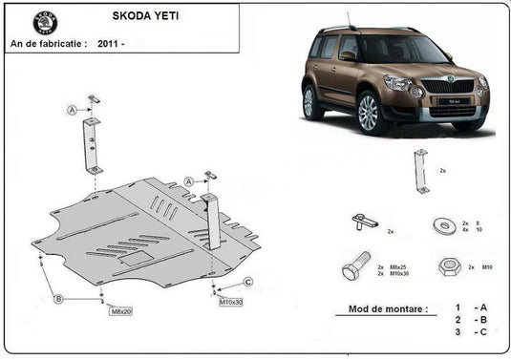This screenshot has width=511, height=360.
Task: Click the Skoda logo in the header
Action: point(45,23)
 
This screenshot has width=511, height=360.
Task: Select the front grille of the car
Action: point(447,87)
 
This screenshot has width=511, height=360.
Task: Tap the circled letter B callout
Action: point(58,299)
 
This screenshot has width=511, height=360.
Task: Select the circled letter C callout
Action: point(248,281)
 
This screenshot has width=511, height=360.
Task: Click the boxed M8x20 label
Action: point(120,311)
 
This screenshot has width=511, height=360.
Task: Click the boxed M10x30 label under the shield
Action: point(231,302)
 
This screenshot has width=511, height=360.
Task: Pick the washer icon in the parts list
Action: point(443,226)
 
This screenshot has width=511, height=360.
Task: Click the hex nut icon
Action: point(448,266)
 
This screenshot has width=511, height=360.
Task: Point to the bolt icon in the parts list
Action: point(354,266)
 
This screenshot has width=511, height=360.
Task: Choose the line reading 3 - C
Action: point(470,333)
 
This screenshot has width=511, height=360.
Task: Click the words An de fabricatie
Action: point(48,43)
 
